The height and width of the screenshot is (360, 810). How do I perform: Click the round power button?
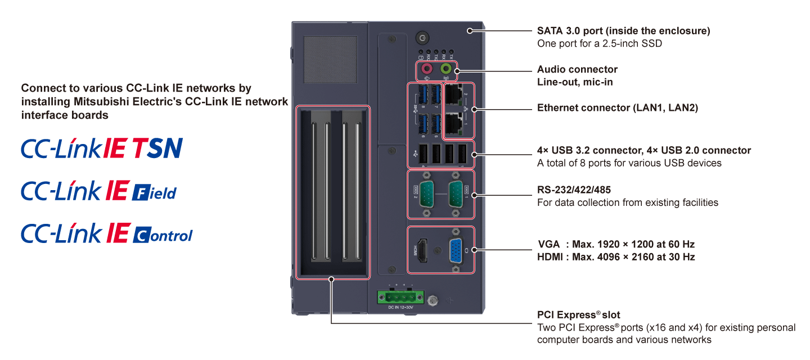pos(422,38)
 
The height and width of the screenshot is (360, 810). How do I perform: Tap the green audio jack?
pos(447,69)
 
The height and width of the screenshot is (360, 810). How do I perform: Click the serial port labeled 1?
pos(456,194)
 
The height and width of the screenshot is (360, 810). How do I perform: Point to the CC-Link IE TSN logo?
pos(102,148)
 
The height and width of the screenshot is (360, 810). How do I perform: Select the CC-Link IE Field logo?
pos(98,191)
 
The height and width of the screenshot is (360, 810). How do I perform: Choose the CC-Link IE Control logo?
pos(106,233)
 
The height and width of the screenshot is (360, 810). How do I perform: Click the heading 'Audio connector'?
pos(577,70)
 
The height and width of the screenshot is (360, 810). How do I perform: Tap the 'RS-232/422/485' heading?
pos(574,190)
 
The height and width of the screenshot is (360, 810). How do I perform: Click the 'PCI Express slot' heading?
pos(578,315)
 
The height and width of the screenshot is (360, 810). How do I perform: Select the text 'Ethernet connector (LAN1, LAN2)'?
pos(617,108)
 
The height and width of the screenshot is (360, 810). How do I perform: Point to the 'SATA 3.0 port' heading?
pos(623,31)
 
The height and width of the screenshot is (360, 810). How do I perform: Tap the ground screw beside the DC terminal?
pos(433,301)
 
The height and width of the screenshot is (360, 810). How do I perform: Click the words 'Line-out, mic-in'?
pos(575,82)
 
